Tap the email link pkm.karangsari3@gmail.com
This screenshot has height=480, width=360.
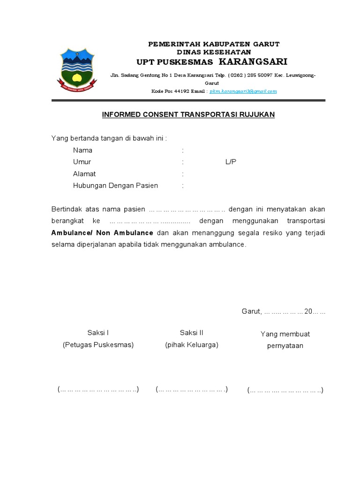click(243, 91)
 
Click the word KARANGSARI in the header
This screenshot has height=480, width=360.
click(253, 62)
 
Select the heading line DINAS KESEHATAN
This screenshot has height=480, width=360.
click(214, 52)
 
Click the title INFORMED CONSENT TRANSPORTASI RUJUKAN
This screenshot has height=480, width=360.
click(188, 114)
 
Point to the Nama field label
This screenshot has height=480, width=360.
click(82, 150)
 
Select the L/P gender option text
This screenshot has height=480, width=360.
click(231, 162)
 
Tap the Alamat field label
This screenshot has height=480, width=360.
click(84, 174)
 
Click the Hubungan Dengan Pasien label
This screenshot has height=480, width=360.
click(115, 186)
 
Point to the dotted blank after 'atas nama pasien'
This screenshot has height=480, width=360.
click(187, 209)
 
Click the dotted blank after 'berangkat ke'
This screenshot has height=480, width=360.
click(146, 221)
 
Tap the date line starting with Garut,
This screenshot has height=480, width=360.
click(283, 311)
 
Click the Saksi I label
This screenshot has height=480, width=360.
click(98, 333)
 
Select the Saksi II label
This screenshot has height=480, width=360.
click(191, 333)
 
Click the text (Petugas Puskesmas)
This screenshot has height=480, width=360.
click(98, 345)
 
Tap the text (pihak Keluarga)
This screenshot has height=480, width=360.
click(191, 345)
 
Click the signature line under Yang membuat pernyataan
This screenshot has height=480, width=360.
click(285, 390)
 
